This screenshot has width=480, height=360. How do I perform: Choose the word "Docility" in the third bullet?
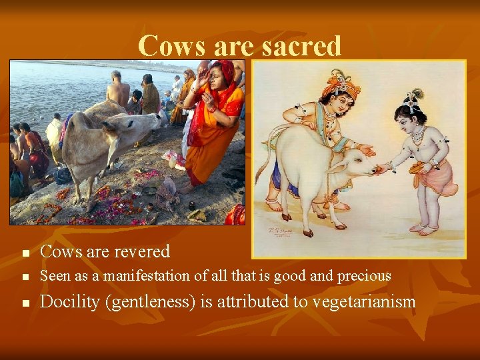[69, 302]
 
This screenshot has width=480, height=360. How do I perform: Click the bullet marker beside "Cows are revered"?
[25, 253]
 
